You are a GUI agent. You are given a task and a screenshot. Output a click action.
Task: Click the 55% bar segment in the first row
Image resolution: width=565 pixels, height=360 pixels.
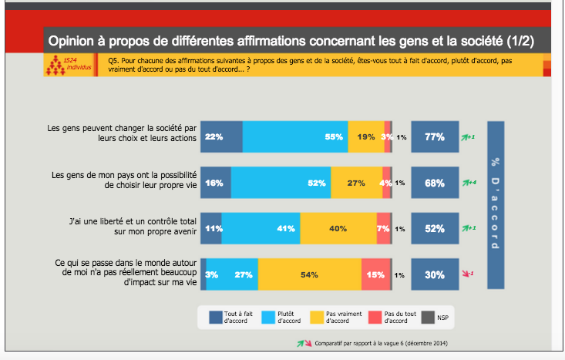pos(295,137)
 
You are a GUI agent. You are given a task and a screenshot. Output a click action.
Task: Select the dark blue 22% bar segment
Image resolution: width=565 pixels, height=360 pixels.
pos(222,137)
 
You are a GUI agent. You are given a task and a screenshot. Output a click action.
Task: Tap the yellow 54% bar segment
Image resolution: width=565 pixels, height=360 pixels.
pos(310,275)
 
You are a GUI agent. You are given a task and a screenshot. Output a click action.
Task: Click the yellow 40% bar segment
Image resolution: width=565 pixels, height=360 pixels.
pos(338,229)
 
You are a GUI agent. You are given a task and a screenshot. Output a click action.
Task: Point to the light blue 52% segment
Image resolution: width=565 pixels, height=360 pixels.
pos(281,183)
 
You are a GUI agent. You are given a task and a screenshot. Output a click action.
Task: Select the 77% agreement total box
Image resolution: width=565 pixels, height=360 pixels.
pos(434,137)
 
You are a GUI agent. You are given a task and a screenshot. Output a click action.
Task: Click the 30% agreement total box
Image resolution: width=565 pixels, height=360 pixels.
pos(434,275)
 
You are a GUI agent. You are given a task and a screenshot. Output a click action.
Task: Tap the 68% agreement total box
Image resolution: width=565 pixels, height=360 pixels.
pos(434,183)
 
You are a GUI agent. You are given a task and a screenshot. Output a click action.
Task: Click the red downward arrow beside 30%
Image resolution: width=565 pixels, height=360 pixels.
pos(466,274)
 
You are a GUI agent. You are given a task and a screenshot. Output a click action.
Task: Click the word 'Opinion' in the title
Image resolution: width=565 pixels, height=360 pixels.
pos(72,39)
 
